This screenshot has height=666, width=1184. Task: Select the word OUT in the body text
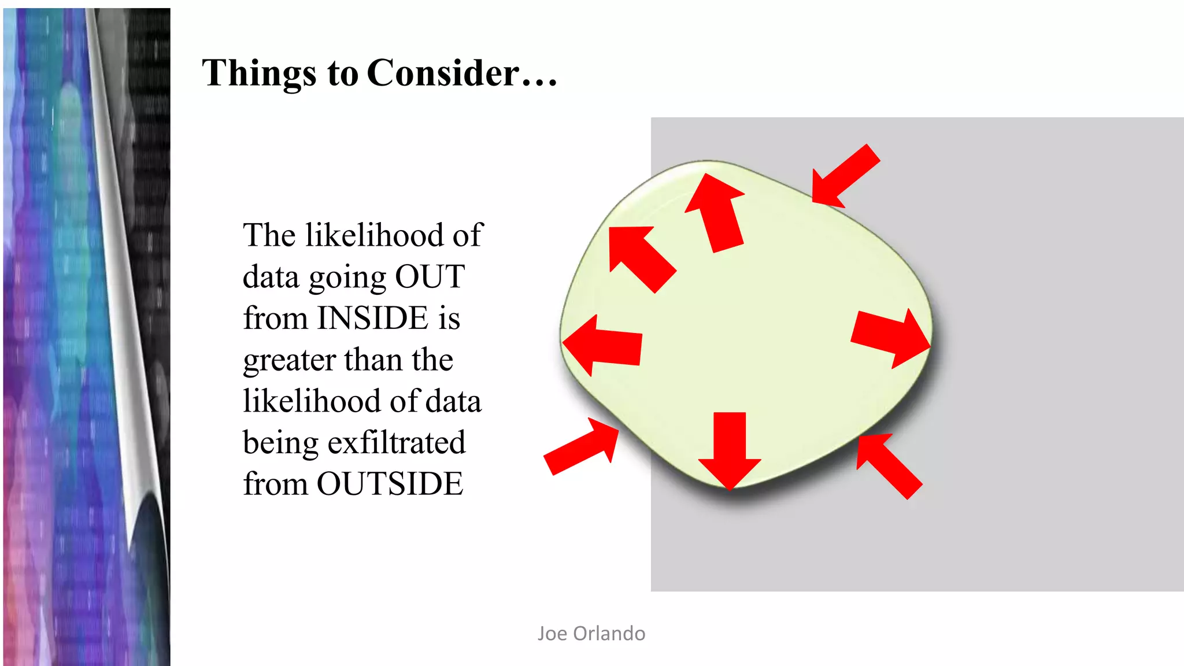point(430,277)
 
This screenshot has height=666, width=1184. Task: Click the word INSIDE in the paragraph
point(372,319)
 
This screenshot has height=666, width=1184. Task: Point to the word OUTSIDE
point(390,484)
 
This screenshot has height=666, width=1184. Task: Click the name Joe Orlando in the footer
point(591,634)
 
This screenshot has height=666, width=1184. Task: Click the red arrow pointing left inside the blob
point(604,346)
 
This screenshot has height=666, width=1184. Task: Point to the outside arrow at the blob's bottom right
point(888,465)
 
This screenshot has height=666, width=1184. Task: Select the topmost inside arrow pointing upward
point(716,212)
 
